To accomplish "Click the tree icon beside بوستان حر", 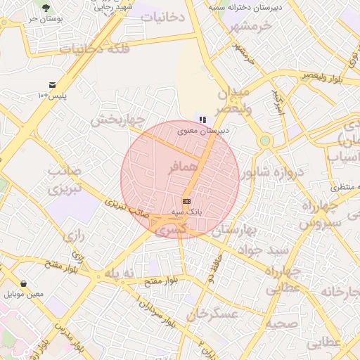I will point(46,8).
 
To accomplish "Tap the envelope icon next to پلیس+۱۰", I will point(52,84).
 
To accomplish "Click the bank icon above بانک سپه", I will point(186,201).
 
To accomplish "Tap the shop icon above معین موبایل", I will point(23,283).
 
